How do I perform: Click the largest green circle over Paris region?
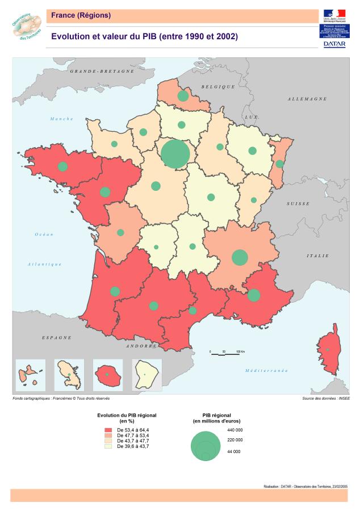click(175, 153)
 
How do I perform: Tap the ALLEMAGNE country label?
click(307, 99)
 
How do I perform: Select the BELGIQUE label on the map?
click(217, 86)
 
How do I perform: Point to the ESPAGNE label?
click(57, 337)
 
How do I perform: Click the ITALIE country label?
click(317, 256)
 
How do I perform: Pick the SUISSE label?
click(299, 203)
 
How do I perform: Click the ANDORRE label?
click(141, 346)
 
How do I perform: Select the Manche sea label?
click(62, 119)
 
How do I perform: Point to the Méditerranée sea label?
click(266, 370)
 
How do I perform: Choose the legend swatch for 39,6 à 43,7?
click(108, 447)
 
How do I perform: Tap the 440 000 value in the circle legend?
click(235, 430)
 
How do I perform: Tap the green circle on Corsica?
click(328, 349)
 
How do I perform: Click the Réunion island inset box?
click(108, 375)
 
